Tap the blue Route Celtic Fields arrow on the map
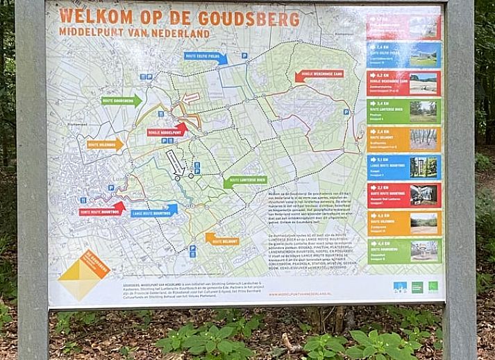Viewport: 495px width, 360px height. (205, 56)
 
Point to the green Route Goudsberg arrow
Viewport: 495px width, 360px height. (121, 101)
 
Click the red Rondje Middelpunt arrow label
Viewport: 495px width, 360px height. (167, 129)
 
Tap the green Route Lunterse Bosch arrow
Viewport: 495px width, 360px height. (245, 180)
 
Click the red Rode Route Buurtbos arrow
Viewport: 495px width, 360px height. (101, 208)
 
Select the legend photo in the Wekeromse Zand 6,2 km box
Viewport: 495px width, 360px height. (423, 84)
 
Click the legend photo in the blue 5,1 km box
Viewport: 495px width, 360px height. (423, 167)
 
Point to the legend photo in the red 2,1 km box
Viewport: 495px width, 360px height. (423, 195)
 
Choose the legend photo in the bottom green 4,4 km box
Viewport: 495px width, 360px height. (423, 250)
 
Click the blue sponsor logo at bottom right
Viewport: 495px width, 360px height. (400, 286)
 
